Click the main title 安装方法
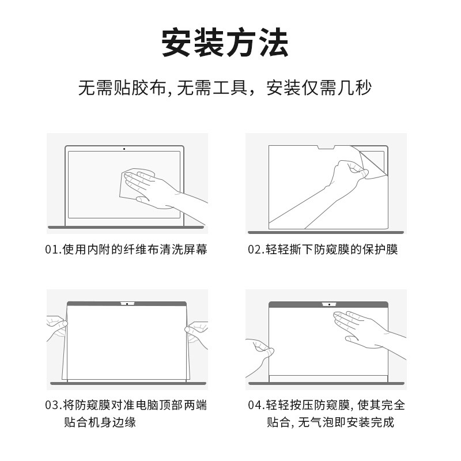coord(225,42)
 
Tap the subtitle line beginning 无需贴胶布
coord(225,88)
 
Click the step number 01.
coord(52,250)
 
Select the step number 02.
coord(255,250)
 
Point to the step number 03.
coord(52,405)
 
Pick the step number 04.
coord(255,405)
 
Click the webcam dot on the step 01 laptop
coord(124,149)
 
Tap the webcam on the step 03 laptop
coord(127,304)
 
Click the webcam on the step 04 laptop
coord(329,305)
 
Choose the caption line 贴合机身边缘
coord(100,422)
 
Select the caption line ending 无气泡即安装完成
coord(330,422)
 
